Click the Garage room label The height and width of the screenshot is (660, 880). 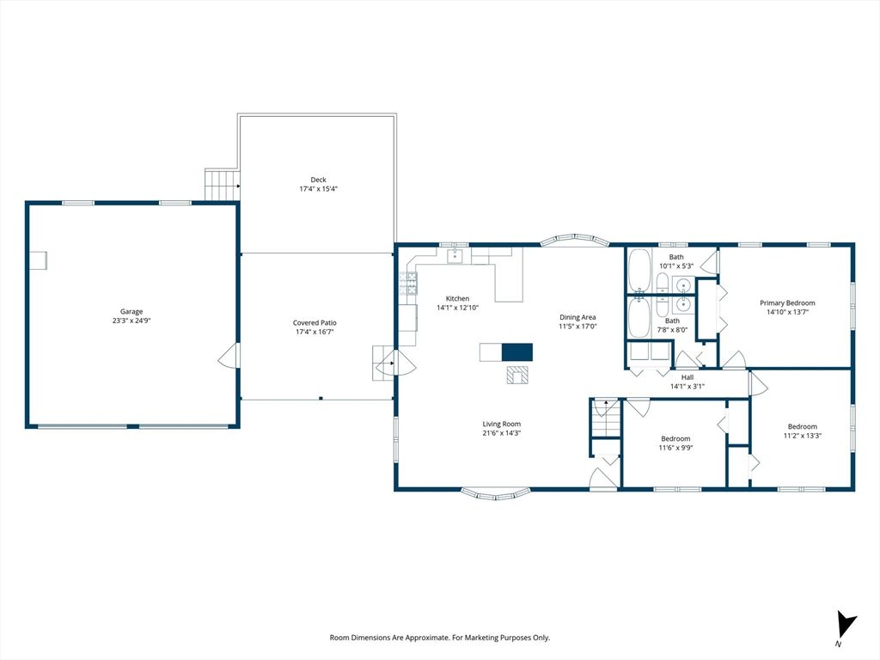[131, 312]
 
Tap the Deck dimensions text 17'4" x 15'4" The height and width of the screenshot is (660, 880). [318, 189]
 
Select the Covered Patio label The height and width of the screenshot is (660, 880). [315, 323]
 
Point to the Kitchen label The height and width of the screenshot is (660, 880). [457, 298]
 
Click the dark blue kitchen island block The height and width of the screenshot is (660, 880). [516, 351]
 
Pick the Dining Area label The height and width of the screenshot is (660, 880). [577, 317]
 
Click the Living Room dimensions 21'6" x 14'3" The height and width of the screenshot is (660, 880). [501, 433]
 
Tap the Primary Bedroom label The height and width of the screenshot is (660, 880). [787, 302]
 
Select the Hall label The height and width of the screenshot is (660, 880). [687, 377]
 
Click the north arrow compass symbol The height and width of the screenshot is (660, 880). [846, 623]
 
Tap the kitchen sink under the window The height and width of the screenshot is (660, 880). [455, 256]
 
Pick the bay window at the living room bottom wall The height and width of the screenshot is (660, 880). [495, 494]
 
